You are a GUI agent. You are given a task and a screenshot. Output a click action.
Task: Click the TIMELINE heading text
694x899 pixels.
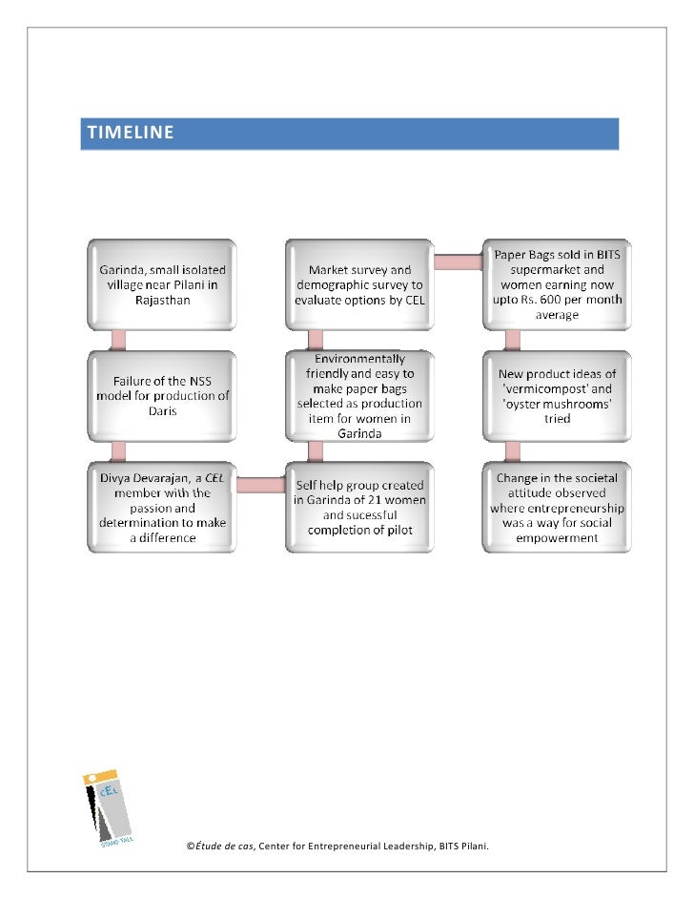131,133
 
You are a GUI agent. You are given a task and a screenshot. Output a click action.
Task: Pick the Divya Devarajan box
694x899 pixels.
160,508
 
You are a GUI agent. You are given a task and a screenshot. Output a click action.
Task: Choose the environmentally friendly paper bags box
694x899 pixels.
359,396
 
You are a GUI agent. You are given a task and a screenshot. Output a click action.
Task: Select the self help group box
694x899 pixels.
359,508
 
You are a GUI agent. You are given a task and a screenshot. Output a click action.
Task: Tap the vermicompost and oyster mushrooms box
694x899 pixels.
556,396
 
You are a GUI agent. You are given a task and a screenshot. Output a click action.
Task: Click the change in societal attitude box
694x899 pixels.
556,508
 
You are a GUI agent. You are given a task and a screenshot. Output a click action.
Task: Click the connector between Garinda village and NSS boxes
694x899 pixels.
119,340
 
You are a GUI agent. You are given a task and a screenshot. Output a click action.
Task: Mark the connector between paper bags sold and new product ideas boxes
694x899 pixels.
513,340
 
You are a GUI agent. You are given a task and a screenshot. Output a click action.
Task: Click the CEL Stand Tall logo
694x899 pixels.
112,806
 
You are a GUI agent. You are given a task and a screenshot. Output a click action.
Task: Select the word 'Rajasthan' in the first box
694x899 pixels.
162,302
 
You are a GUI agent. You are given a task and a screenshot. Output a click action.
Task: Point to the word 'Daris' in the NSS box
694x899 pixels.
162,413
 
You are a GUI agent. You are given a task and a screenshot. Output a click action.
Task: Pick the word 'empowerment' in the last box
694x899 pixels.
556,538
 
